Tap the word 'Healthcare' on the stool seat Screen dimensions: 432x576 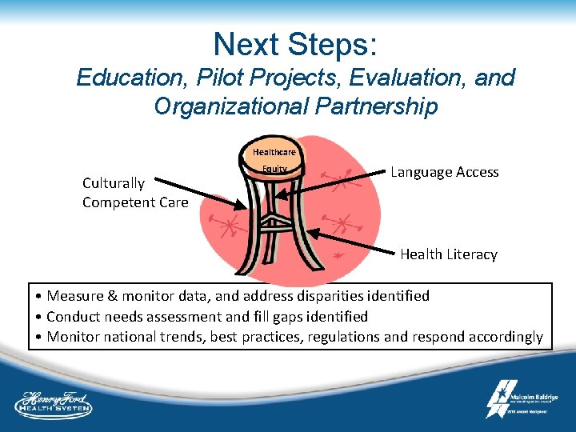274,152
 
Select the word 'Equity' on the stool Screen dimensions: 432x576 274,170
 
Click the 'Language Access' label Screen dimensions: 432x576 444,172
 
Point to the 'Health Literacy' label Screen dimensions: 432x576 448,254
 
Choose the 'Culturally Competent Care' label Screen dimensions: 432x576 135,193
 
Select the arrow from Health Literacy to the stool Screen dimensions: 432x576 352,242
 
